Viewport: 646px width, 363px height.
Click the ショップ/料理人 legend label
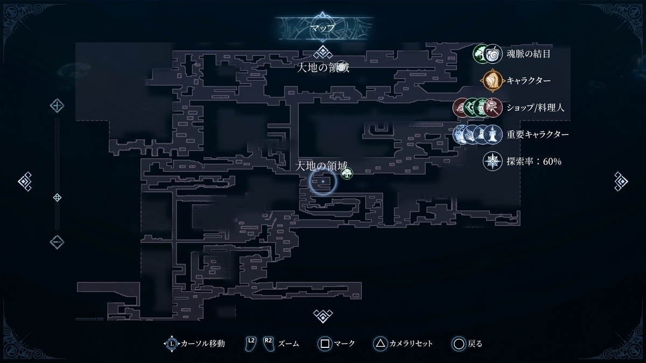[x=535, y=107]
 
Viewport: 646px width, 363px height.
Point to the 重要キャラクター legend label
[x=538, y=134]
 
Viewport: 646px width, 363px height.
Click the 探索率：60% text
[x=526, y=161]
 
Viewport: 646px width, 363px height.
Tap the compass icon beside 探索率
[x=492, y=161]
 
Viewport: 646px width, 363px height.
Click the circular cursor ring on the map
[x=322, y=182]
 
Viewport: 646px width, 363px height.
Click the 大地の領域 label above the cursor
[x=322, y=166]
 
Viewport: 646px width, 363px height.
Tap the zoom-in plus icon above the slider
[x=57, y=105]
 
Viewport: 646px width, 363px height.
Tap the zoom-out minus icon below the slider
[x=57, y=242]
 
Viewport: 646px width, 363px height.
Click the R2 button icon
[x=268, y=343]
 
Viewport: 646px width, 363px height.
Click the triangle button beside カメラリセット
[x=380, y=343]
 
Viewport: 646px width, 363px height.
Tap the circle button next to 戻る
[x=459, y=343]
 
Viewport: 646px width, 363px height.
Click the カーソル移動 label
[x=203, y=343]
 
